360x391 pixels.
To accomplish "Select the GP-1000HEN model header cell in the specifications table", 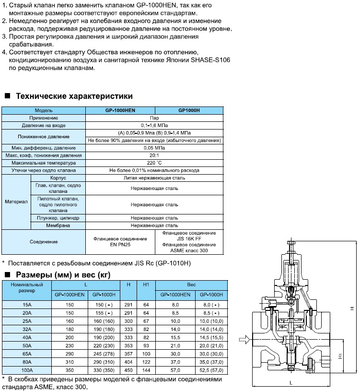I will pos(120,110).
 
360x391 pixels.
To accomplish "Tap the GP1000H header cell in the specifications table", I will pos(189,110).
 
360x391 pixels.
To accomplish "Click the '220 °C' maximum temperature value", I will pos(154,163).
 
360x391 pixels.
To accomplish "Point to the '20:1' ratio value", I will pos(154,155).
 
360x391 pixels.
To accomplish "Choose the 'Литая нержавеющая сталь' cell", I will pos(154,178).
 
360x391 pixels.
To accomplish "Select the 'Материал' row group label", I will pos(16,202).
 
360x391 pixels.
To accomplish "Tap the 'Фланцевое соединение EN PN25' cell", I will pos(120,241).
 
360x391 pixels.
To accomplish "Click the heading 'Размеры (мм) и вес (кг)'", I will pos(63,275).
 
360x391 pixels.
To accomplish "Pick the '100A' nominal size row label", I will pos(27,370).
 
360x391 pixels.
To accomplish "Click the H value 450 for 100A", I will pos(128,370).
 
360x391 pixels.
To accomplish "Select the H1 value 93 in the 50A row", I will pos(146,345).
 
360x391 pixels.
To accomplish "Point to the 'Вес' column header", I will pos(191,284).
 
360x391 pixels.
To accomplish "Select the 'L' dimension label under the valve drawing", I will pos(291,383).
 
